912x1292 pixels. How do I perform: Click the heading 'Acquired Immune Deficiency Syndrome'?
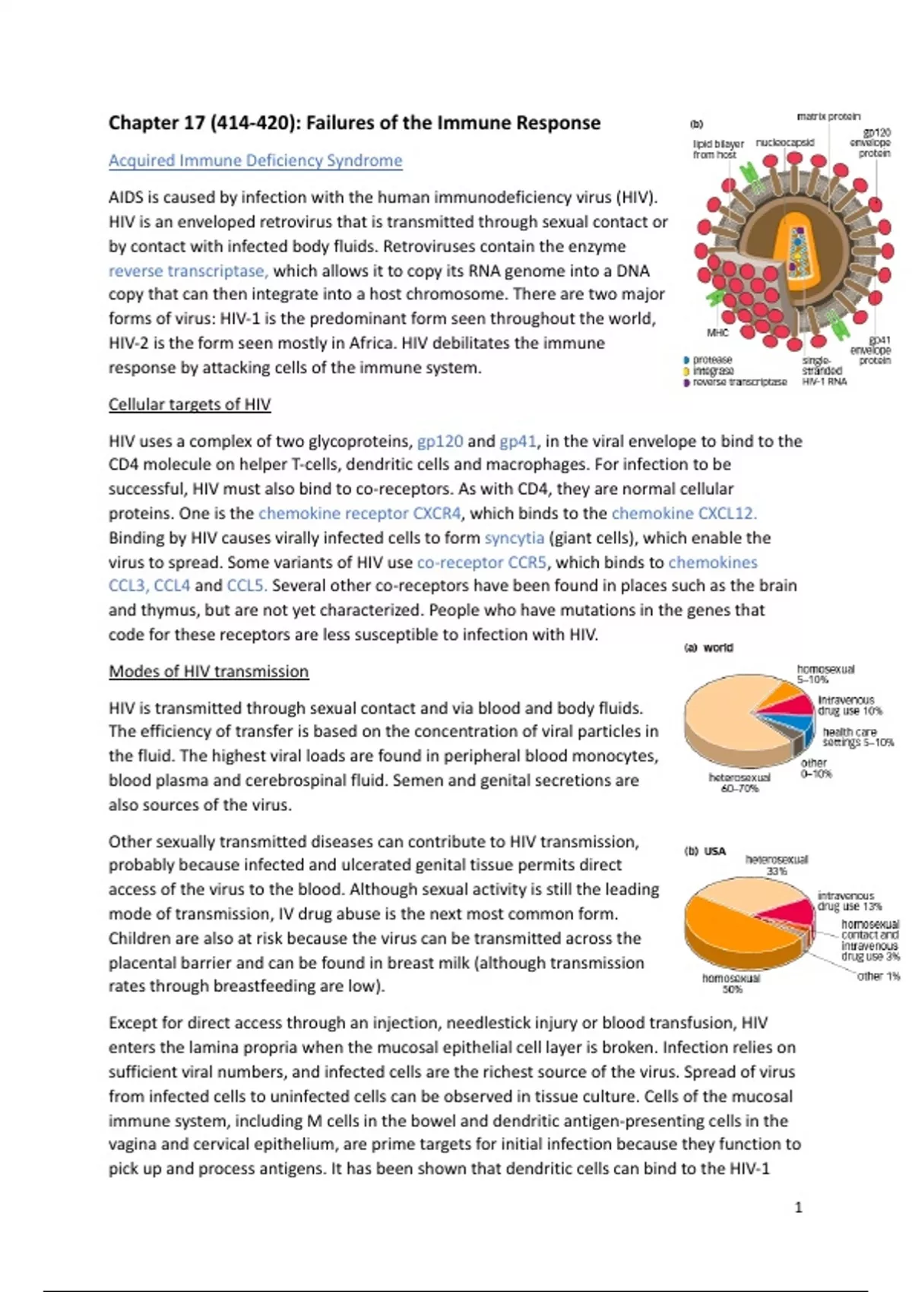255,160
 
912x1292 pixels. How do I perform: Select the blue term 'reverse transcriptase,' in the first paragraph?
188,271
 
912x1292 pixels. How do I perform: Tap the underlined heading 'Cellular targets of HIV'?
189,404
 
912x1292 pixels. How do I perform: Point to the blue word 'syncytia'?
515,538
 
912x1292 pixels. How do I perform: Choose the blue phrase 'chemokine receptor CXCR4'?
359,514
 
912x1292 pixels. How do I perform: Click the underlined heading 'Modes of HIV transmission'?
208,672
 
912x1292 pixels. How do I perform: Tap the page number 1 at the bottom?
798,1208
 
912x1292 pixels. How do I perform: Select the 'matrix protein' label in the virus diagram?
828,116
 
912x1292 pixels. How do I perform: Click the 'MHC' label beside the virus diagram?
717,333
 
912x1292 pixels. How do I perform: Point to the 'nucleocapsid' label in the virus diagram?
784,142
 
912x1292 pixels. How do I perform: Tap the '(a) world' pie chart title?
708,648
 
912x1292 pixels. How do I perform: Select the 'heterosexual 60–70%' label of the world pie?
739,783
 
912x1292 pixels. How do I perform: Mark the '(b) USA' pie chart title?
705,851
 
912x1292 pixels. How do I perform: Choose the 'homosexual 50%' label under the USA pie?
731,983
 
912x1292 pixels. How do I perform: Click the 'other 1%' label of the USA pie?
878,976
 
